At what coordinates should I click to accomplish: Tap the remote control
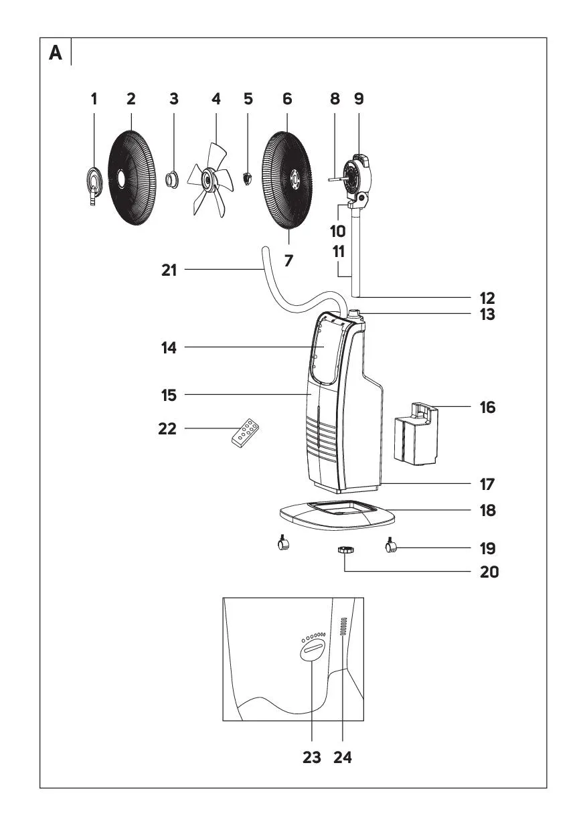tap(245, 432)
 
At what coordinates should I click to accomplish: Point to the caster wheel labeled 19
tap(392, 548)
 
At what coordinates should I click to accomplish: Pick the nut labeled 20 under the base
tap(345, 550)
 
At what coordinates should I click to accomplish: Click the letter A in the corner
tap(56, 54)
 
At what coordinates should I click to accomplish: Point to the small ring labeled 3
tap(172, 179)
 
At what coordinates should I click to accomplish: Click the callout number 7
tap(288, 260)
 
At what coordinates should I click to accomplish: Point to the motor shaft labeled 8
tap(335, 179)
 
